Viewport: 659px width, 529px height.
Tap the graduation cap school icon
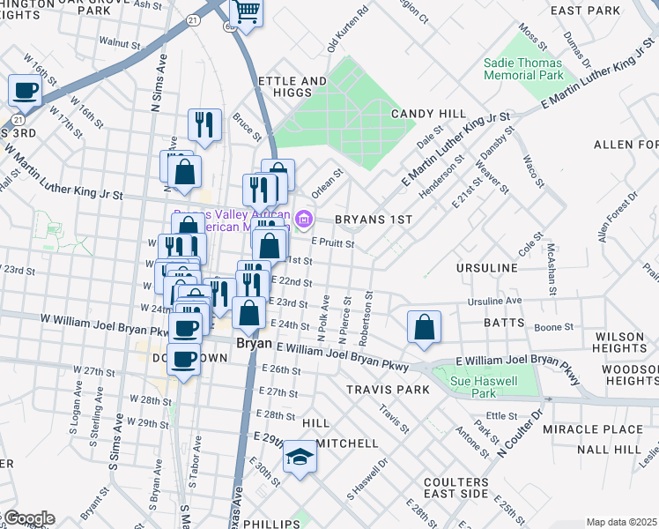pyautogui.click(x=300, y=458)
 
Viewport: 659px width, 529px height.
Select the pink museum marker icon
pyautogui.click(x=305, y=218)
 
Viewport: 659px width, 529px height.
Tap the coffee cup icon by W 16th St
pyautogui.click(x=26, y=90)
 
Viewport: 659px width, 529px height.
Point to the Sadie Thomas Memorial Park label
pyautogui.click(x=523, y=70)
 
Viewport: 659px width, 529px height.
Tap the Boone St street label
pyautogui.click(x=555, y=327)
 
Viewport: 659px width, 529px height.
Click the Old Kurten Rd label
pyautogui.click(x=346, y=31)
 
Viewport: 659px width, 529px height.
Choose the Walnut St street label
pyautogui.click(x=120, y=41)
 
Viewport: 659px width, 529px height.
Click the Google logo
pyautogui.click(x=28, y=518)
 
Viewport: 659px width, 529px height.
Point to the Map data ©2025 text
pyautogui.click(x=622, y=522)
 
